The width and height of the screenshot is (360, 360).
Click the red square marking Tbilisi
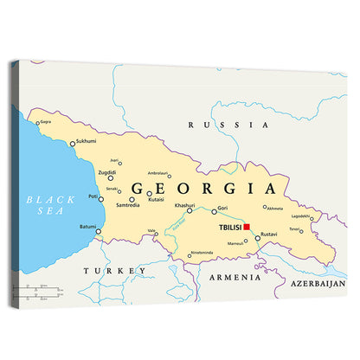[x=247, y=227]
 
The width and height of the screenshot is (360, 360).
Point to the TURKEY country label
[x=114, y=271]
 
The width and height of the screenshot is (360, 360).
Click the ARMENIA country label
[x=235, y=278]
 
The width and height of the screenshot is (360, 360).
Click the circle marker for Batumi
[x=99, y=231]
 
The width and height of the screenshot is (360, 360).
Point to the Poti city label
[x=93, y=196]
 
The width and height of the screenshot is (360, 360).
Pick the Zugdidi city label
[x=107, y=172]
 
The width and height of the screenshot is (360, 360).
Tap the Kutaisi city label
[x=156, y=199]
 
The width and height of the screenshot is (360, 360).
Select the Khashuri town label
[x=183, y=205]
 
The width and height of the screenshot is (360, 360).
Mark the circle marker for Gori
[x=214, y=211]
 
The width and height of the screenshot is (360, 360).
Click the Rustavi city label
[x=269, y=235]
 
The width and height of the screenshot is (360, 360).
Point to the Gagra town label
[x=45, y=122]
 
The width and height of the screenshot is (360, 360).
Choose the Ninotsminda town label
[x=201, y=252]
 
